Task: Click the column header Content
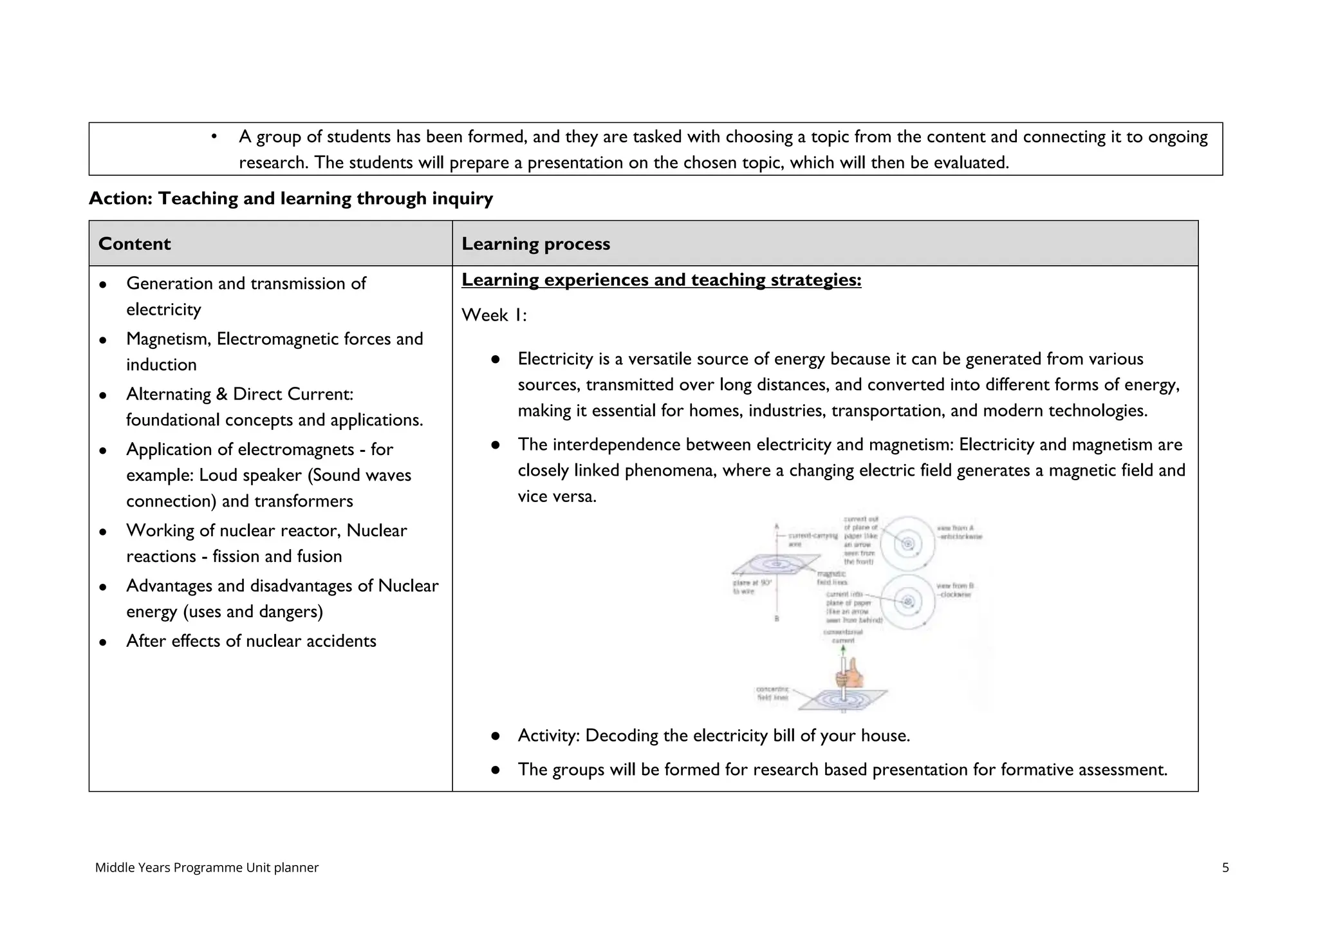pos(135,244)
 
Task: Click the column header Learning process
pos(535,244)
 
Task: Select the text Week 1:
pos(494,315)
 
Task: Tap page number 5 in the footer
pos(1225,868)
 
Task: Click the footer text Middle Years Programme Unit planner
pos(207,868)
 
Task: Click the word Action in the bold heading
pos(120,198)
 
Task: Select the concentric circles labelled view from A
pos(908,544)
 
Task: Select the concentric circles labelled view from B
pos(908,602)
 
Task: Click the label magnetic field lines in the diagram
pos(831,577)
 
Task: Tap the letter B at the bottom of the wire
pos(777,619)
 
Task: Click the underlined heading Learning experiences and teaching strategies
pos(661,280)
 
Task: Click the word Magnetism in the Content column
pos(169,339)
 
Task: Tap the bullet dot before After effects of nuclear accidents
pos(103,642)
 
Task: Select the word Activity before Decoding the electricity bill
pos(548,736)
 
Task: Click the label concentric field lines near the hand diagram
pos(772,693)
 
